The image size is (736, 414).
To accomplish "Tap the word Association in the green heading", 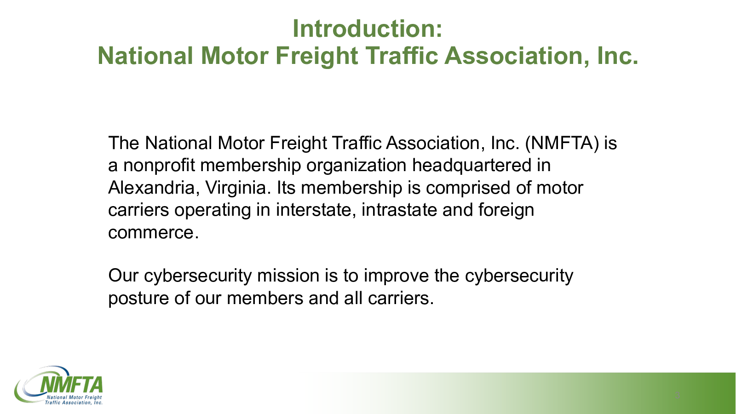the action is click(517, 56).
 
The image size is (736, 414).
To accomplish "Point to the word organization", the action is click(356, 166).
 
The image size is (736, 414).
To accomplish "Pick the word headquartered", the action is click(471, 166).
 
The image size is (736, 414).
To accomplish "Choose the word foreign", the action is click(506, 210).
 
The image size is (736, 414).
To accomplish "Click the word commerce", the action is click(154, 233).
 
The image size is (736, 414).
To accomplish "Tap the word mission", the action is click(288, 276).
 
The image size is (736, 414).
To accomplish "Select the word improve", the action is click(396, 276).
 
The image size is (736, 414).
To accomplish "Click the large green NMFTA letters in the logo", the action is click(71, 385).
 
